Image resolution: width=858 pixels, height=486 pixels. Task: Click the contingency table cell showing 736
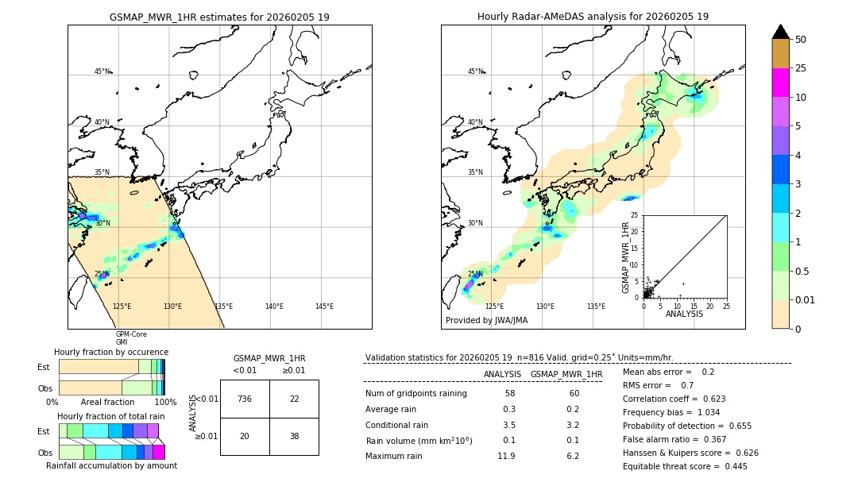[244, 399]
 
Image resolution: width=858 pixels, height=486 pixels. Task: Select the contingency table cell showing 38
[294, 436]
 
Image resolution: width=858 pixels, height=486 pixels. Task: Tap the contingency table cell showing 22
[294, 399]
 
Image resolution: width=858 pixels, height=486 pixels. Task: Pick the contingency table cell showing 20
[244, 436]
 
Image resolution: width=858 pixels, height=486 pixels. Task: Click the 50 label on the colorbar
[801, 40]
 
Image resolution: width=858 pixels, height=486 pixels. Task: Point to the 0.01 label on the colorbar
[806, 299]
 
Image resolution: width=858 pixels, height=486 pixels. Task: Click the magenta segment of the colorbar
[781, 83]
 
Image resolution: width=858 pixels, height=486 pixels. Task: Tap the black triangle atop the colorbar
[781, 32]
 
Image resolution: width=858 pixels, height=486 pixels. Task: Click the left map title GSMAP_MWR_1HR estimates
[219, 17]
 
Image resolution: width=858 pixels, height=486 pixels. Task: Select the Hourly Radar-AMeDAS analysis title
[593, 17]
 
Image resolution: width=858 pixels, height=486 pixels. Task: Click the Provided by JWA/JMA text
[486, 320]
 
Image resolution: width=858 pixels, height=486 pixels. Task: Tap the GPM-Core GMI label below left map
[131, 338]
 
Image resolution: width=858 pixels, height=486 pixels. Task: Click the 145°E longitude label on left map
[324, 307]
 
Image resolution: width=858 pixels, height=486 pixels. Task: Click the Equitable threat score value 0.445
[731, 466]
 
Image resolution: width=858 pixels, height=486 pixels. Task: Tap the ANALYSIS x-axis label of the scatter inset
[684, 314]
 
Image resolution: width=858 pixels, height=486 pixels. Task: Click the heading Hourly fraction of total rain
[111, 416]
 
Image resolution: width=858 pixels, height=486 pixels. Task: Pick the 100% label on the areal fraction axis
[165, 403]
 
